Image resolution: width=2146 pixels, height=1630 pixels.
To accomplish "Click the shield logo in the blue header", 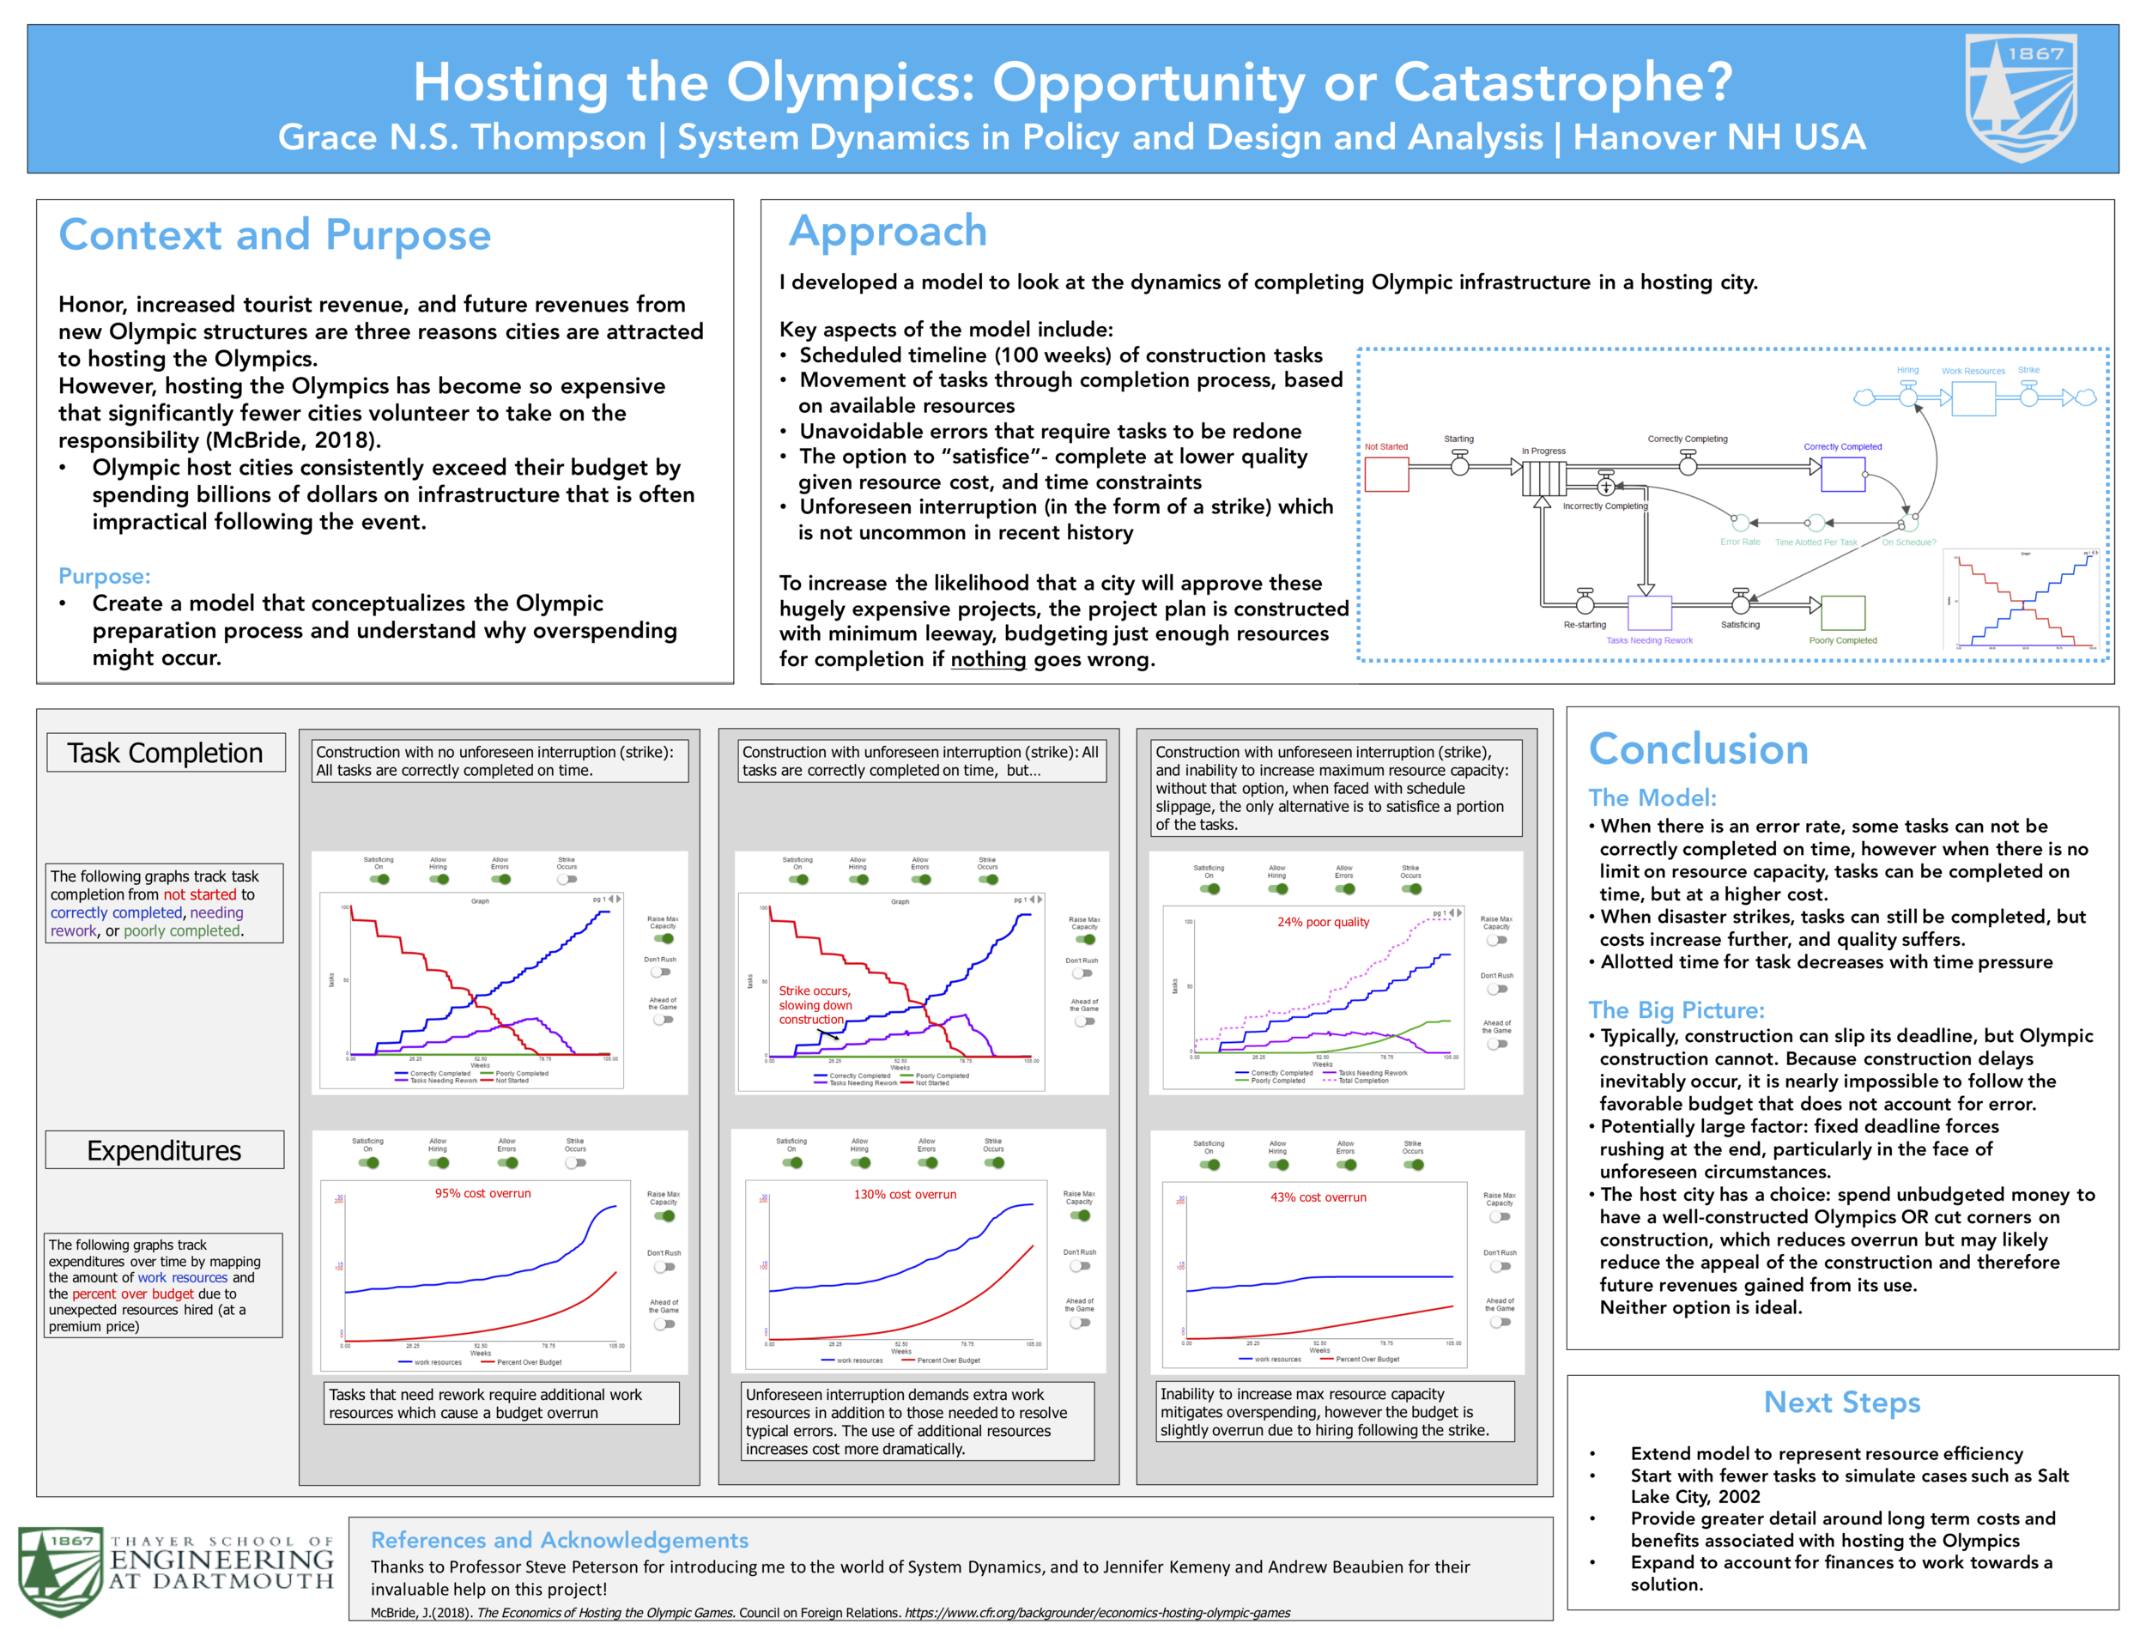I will point(2021,97).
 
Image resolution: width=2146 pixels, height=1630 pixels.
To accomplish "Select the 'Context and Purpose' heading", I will point(275,236).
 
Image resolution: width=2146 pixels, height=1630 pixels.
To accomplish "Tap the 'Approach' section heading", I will point(888,232).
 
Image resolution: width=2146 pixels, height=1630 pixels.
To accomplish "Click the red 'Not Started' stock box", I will point(1386,475).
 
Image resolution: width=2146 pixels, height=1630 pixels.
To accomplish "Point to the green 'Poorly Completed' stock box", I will point(1842,613).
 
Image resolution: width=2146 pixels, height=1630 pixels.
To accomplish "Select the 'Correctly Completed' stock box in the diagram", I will point(1842,474).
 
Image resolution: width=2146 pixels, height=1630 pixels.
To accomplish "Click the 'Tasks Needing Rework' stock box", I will point(1649,613).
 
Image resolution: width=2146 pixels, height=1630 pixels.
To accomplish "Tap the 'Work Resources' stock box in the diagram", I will point(1973,397).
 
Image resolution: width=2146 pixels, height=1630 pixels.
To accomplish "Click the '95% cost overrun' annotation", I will point(482,1193).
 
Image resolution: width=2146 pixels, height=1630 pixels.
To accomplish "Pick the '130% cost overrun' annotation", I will point(904,1194).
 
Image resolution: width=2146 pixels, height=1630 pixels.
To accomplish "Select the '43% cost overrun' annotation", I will point(1318,1197).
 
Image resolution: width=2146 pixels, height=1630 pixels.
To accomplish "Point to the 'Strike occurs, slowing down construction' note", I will point(815,1005).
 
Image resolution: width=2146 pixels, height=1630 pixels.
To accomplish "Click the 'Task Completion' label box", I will point(166,753).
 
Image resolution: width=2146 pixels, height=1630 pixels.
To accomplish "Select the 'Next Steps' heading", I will point(1841,1402).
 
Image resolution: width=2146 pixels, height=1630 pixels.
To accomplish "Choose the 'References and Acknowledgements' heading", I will point(559,1540).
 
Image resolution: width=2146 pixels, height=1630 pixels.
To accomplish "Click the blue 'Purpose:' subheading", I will point(104,576).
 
